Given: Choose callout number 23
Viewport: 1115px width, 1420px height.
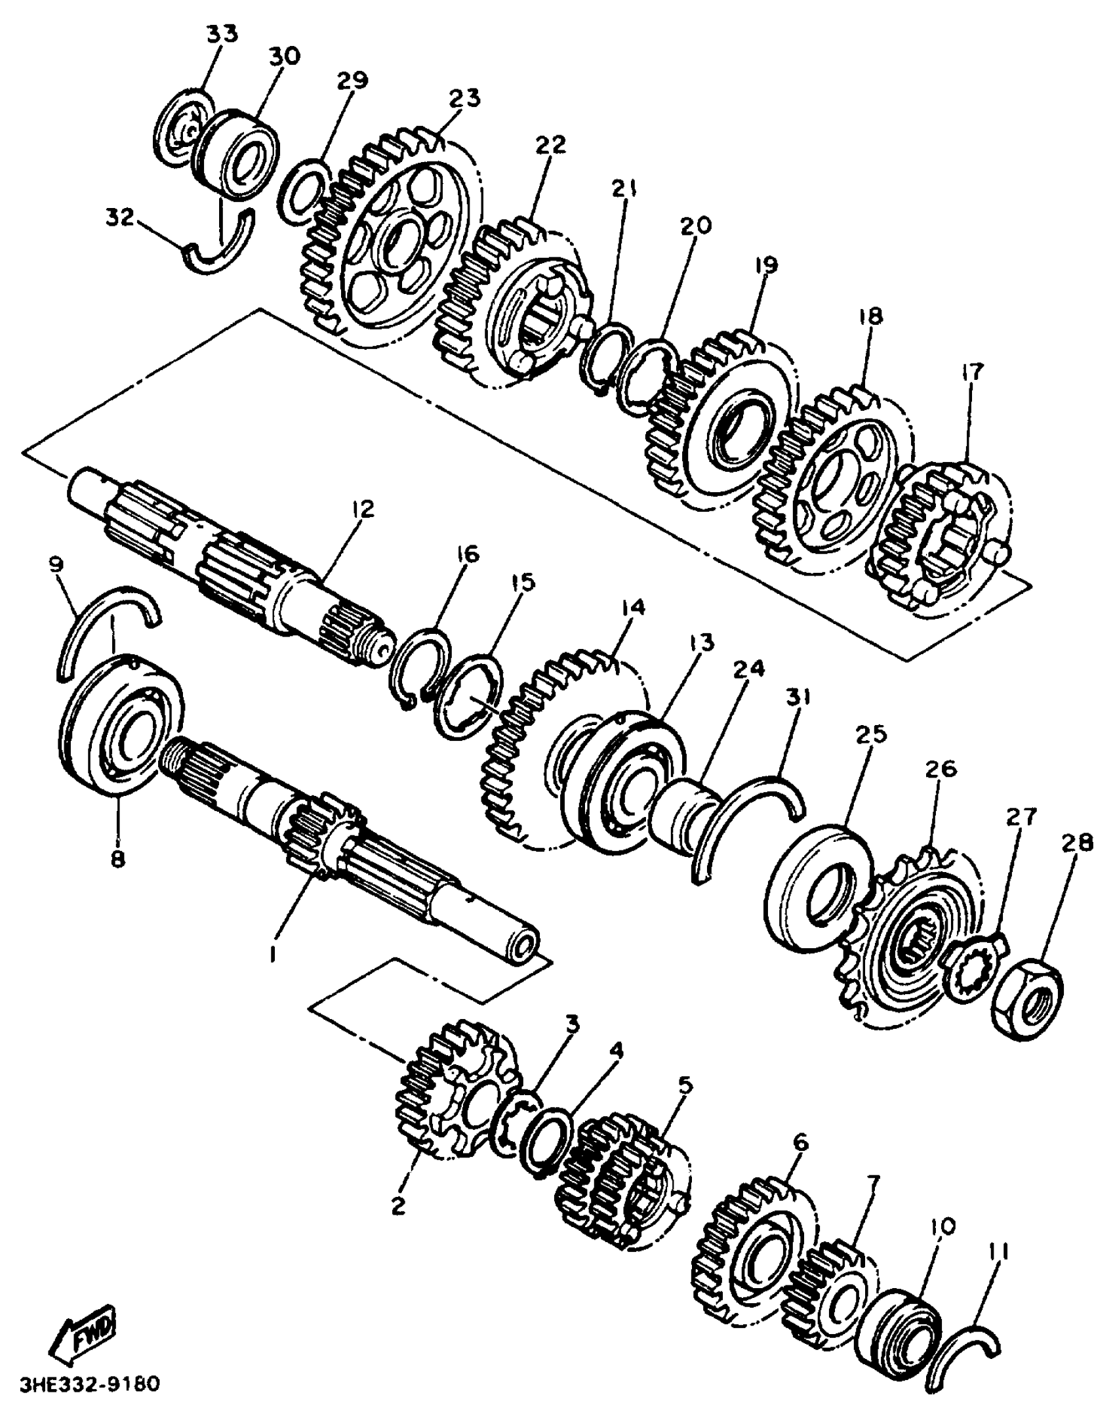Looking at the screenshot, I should point(464,98).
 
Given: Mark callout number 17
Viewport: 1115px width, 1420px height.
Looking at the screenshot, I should point(973,373).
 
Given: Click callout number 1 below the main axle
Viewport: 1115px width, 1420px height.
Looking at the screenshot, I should point(272,955).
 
